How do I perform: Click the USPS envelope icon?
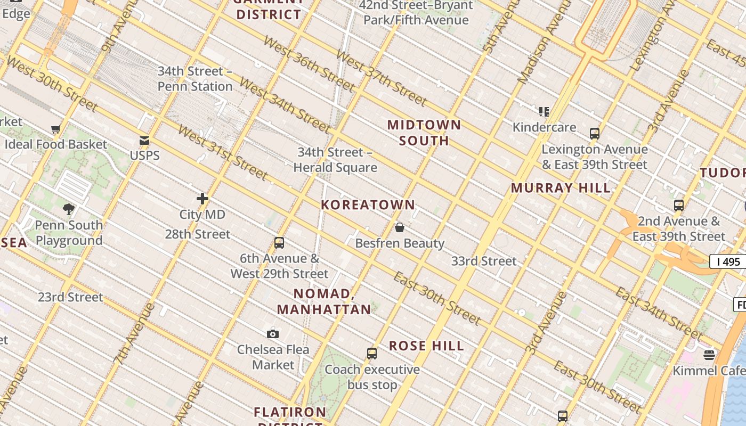click(x=144, y=141)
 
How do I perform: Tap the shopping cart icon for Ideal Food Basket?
click(x=55, y=129)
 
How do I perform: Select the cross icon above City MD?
click(x=202, y=199)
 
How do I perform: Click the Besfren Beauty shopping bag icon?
click(x=400, y=228)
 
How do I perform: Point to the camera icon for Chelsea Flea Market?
click(x=273, y=334)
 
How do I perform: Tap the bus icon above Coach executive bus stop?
click(x=372, y=354)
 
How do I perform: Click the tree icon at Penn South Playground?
click(x=68, y=209)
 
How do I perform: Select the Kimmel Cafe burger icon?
click(x=709, y=355)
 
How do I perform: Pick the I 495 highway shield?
click(x=728, y=261)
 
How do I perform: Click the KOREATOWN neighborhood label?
click(x=368, y=205)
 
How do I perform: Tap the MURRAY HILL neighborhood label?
click(x=561, y=188)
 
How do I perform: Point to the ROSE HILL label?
click(x=426, y=346)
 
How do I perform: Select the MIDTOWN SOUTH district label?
click(x=424, y=133)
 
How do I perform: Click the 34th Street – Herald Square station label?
click(x=335, y=160)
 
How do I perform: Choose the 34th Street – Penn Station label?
click(x=195, y=79)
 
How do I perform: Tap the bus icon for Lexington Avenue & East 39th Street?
click(x=595, y=134)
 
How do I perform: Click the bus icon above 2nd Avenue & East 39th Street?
click(x=679, y=206)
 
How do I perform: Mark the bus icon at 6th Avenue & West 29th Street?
click(x=279, y=243)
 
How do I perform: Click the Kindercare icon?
click(x=544, y=112)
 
